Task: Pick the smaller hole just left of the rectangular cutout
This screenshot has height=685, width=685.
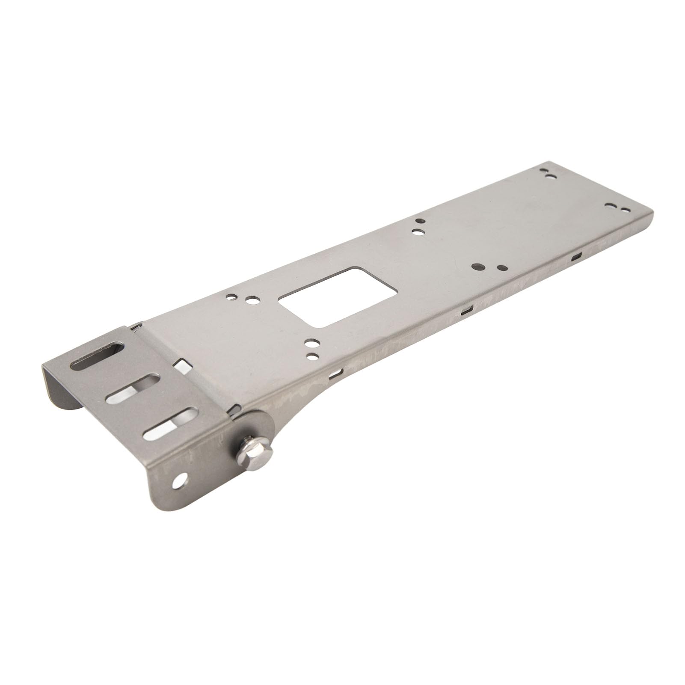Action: tap(231, 296)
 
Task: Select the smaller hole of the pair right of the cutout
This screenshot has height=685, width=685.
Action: tap(500, 268)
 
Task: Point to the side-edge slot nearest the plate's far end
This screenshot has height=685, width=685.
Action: tap(577, 257)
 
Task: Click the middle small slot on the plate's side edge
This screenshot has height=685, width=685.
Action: tap(466, 310)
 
